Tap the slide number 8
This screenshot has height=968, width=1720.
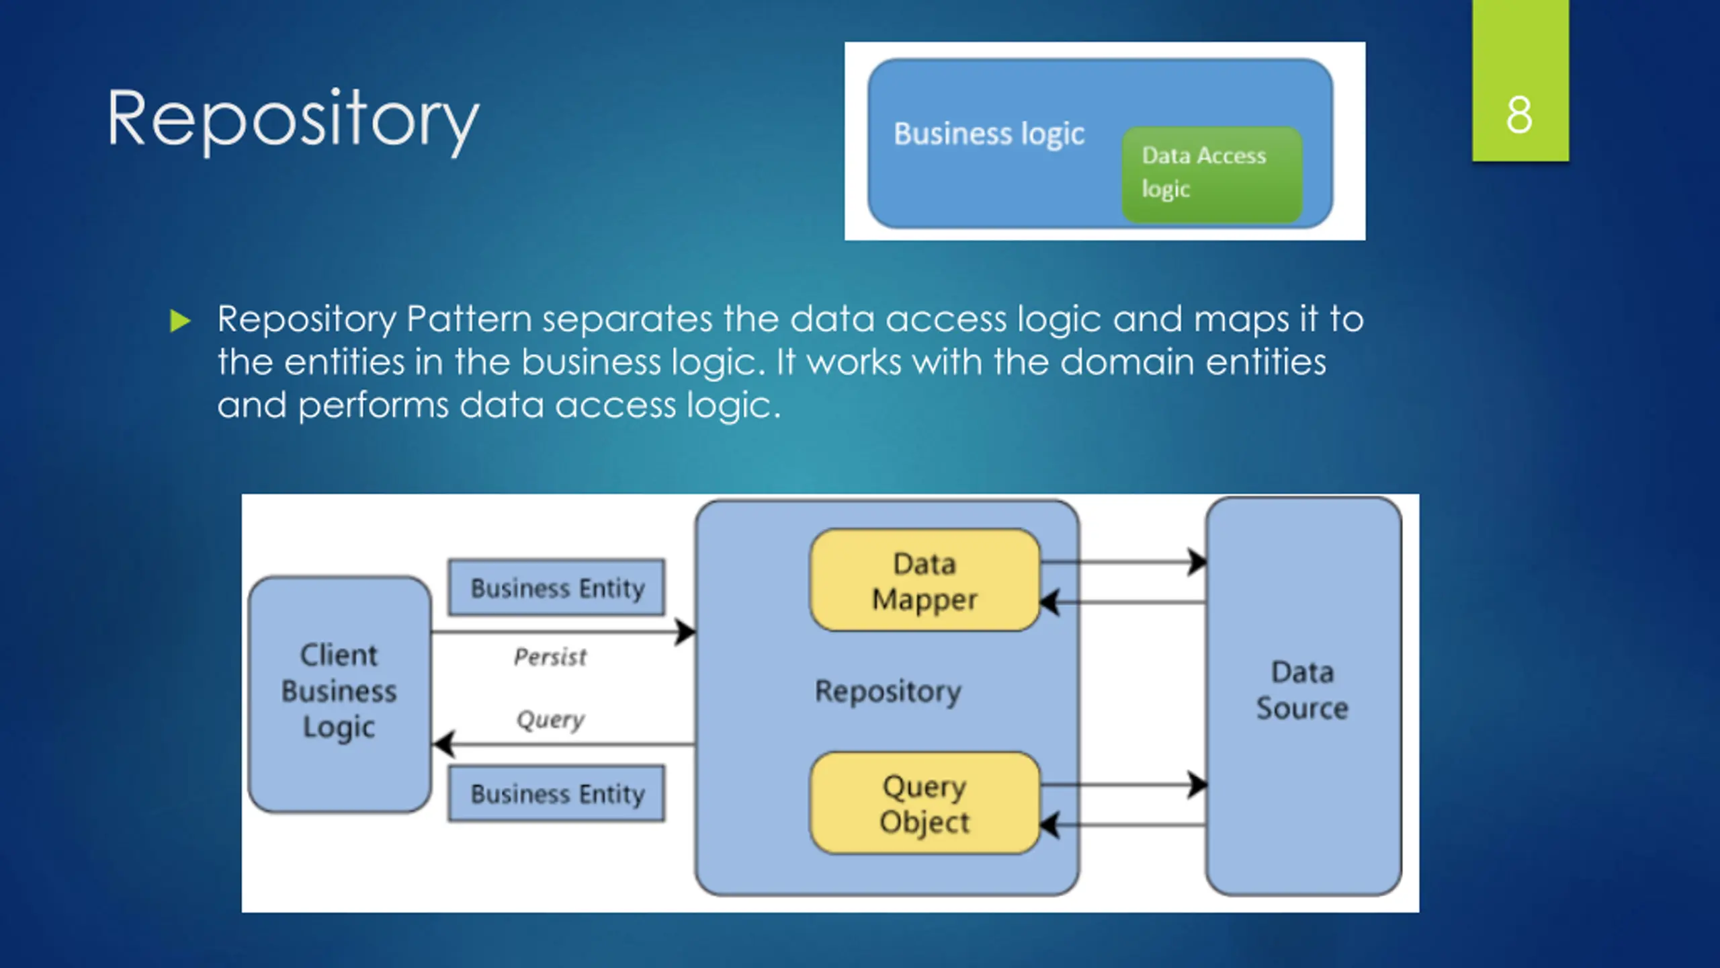pos(1519,115)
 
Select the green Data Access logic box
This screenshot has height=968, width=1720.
pos(1212,175)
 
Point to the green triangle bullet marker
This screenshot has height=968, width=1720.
pos(181,321)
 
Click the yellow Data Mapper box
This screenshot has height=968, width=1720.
pos(924,580)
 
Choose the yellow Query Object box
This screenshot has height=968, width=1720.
pos(924,803)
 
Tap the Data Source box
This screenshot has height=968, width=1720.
pos(1303,696)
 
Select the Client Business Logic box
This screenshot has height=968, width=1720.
pos(339,694)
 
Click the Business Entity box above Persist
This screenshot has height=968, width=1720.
pos(557,588)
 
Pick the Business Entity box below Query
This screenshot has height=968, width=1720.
pos(557,793)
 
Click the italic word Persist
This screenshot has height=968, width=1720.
pos(550,657)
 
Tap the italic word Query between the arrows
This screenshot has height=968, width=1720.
pos(550,720)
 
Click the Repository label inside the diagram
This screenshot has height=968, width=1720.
pos(888,692)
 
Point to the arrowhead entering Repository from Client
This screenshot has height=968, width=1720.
pos(686,632)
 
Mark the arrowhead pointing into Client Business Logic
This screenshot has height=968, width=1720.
pos(443,743)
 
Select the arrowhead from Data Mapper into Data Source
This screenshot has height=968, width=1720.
pos(1197,562)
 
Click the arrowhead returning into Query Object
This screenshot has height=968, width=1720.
pos(1050,825)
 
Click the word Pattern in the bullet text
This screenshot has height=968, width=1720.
pos(469,319)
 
